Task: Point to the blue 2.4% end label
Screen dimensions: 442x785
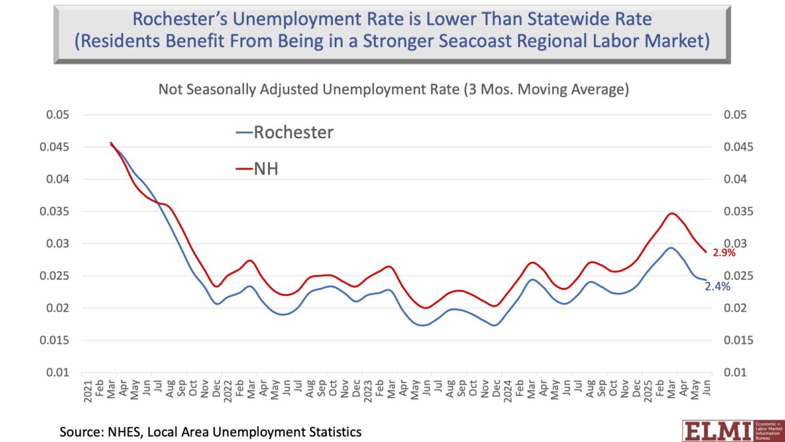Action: pyautogui.click(x=717, y=286)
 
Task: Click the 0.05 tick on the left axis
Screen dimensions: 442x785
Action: pyautogui.click(x=57, y=115)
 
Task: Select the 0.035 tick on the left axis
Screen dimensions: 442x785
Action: pyautogui.click(x=54, y=212)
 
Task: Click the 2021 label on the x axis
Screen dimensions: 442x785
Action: pyautogui.click(x=87, y=386)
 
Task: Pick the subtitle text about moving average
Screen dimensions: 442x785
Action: pyautogui.click(x=393, y=90)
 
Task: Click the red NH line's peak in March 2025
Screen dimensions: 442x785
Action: pyautogui.click(x=672, y=213)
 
